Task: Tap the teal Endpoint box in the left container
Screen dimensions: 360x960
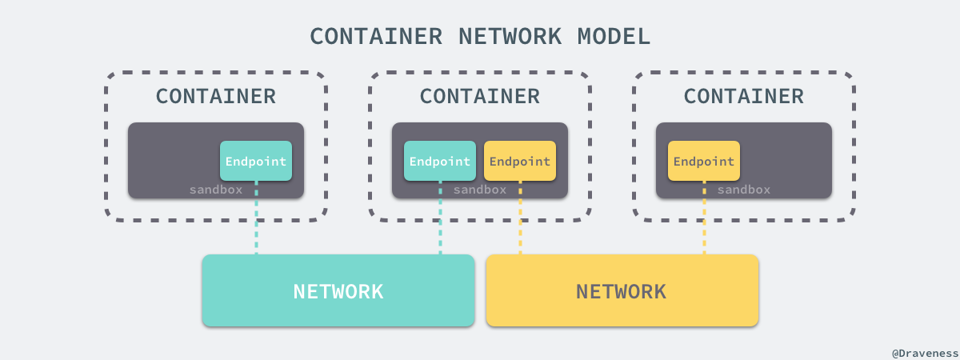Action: click(256, 161)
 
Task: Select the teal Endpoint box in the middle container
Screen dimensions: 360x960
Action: click(440, 161)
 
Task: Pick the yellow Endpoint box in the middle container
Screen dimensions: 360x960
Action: click(520, 161)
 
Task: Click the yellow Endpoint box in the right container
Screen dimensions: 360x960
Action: click(704, 161)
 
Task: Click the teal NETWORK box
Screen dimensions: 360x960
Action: click(338, 290)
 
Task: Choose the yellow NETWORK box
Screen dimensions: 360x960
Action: click(622, 290)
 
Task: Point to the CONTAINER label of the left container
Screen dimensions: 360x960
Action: click(216, 97)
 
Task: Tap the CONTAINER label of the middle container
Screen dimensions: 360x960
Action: click(480, 97)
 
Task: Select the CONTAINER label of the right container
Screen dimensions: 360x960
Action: click(744, 97)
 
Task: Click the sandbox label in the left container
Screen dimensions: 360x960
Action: click(216, 190)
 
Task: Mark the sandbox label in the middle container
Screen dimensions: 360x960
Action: click(480, 190)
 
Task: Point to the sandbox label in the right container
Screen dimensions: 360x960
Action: click(744, 190)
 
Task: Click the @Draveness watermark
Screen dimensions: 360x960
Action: click(923, 351)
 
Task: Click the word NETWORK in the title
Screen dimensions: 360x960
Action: click(509, 36)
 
